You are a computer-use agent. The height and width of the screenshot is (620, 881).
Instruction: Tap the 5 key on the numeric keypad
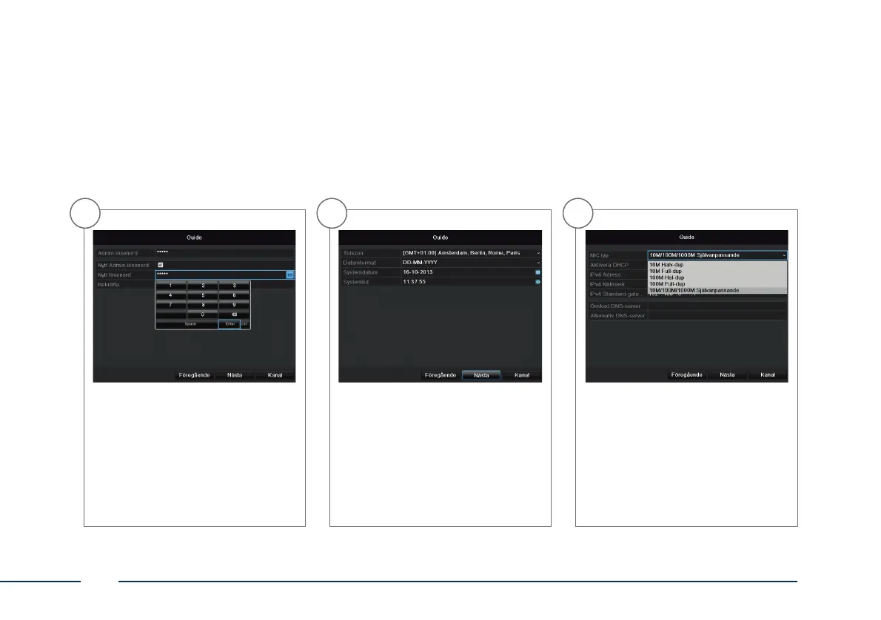click(x=203, y=294)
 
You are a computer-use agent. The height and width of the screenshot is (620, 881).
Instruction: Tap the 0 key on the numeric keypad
click(x=203, y=314)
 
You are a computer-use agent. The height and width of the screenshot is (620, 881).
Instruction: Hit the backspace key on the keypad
click(x=235, y=314)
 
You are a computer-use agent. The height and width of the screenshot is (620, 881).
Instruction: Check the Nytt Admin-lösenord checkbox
click(x=161, y=264)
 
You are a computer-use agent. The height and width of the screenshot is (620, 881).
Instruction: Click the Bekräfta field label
click(x=109, y=284)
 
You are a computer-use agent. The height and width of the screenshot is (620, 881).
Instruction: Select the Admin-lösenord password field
click(x=224, y=253)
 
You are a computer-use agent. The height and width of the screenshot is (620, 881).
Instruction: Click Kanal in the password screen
click(x=275, y=375)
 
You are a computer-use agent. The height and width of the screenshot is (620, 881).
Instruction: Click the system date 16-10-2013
click(x=418, y=272)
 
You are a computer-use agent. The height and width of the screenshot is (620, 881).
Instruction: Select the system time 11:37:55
click(x=415, y=282)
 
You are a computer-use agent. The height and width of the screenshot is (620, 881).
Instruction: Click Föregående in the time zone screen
click(x=440, y=375)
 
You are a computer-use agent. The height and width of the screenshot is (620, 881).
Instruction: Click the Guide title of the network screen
click(x=687, y=237)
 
